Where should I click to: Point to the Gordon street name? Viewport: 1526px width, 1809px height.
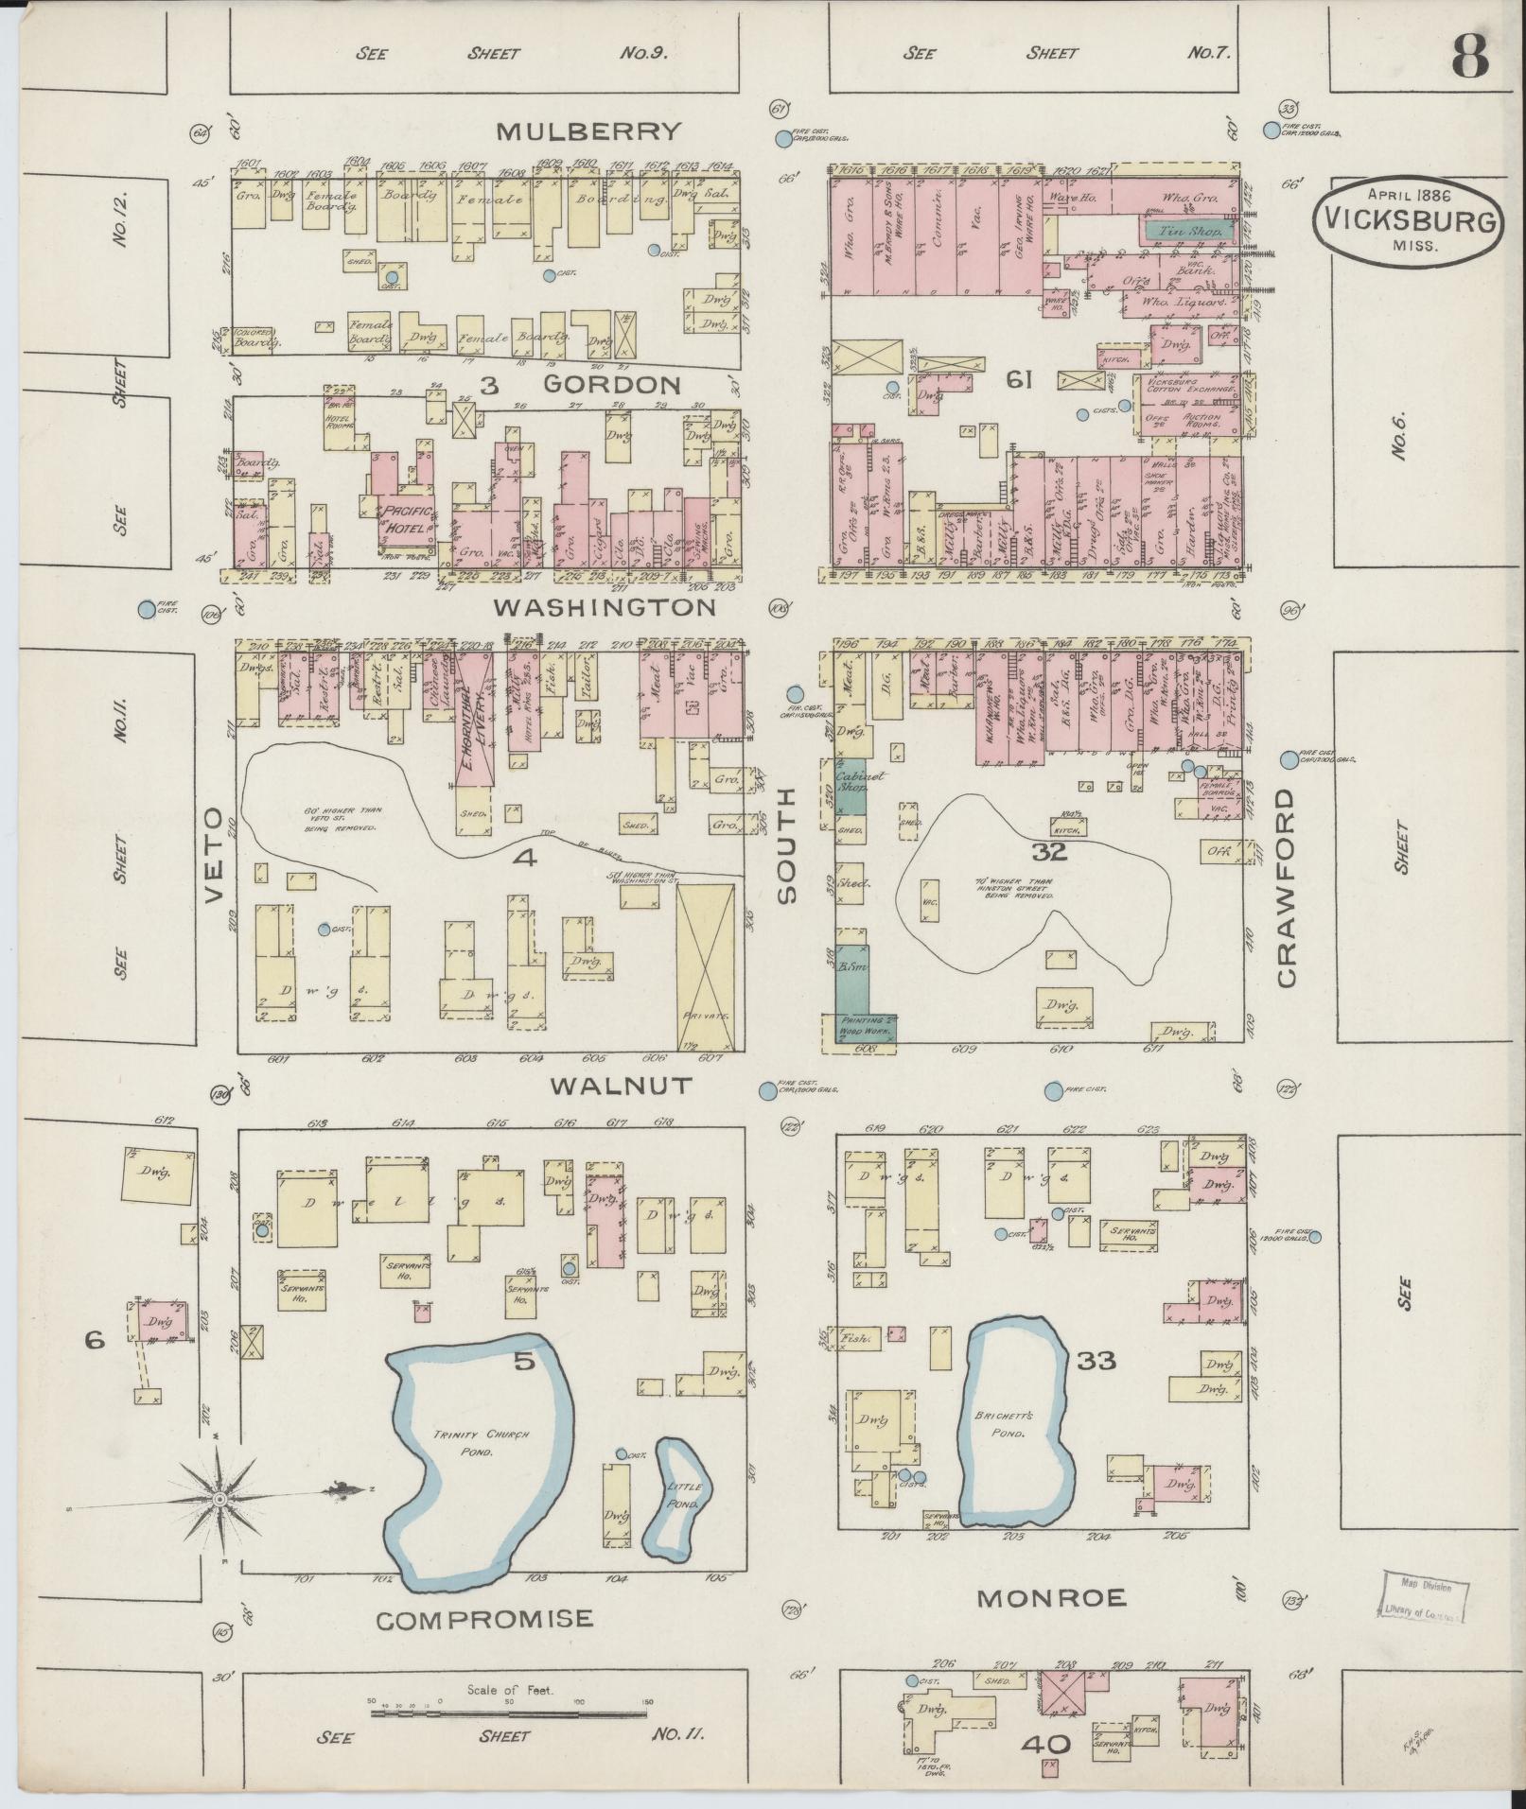(x=611, y=384)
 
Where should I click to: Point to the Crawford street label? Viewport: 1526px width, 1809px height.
(x=1286, y=889)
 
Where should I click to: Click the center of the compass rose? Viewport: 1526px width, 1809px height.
(x=219, y=1500)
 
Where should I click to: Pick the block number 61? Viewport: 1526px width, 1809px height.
(x=1018, y=380)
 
